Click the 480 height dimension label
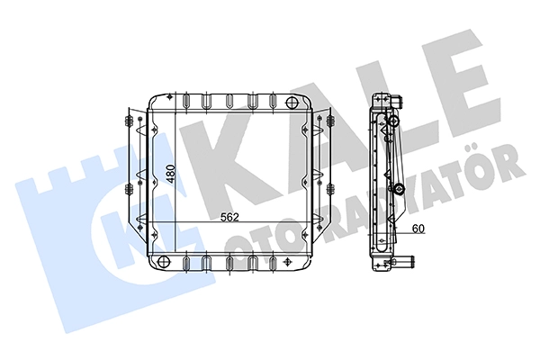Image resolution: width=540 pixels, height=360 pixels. tap(172, 174)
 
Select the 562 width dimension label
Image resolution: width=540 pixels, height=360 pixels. tap(229, 218)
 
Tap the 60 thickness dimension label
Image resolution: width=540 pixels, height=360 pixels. tap(418, 229)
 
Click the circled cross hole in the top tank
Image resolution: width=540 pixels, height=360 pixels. tap(292, 102)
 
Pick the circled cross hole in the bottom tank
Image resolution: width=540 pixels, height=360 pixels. tap(164, 262)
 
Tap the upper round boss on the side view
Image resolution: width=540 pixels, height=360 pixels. tap(393, 121)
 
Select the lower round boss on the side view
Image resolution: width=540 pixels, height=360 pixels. tap(399, 188)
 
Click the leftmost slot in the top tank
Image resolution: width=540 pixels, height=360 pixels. tap(186, 101)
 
